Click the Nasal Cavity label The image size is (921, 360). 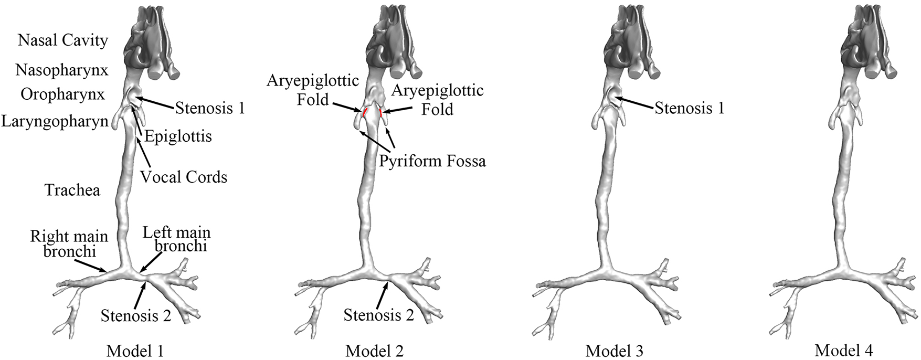tap(63, 40)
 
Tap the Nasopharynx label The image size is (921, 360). tap(62, 70)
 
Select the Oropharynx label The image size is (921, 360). tap(63, 94)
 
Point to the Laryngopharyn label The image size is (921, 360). tap(55, 122)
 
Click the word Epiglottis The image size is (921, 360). tap(178, 137)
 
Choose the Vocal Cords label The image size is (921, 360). tap(184, 177)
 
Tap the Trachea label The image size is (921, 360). tap(72, 190)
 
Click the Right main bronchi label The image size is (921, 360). tap(69, 243)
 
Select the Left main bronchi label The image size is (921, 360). tap(177, 239)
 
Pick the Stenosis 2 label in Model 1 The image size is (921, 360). tap(136, 316)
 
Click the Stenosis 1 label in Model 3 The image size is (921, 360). tap(689, 109)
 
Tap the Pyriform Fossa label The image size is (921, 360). tap(432, 161)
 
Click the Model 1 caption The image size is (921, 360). tap(136, 350)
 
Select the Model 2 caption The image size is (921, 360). tap(375, 350)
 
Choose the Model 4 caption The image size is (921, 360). tap(844, 350)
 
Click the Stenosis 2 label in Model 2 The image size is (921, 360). tap(379, 315)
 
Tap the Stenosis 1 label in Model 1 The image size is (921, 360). tap(210, 108)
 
